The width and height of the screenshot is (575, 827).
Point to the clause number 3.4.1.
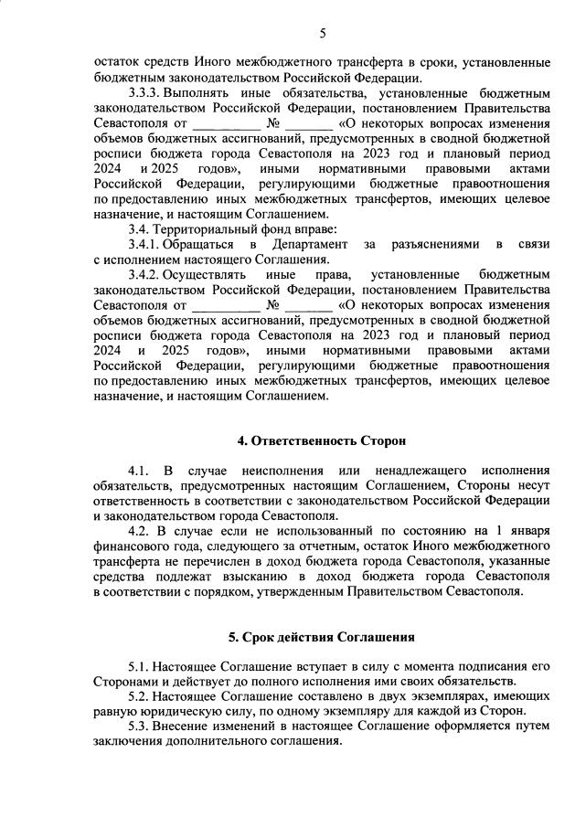click(145, 244)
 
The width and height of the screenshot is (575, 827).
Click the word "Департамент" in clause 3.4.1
click(309, 244)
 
